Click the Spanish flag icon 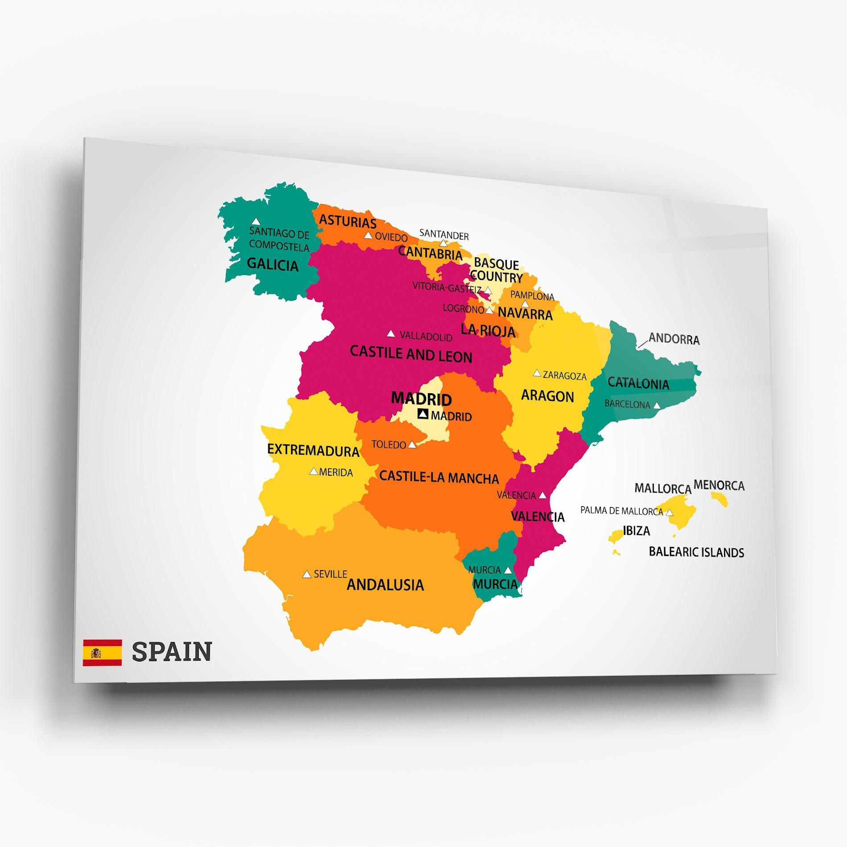click(102, 653)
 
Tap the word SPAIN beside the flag click(172, 652)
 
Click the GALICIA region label click(272, 264)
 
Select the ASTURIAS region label click(348, 221)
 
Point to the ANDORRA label click(674, 339)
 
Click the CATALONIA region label click(638, 383)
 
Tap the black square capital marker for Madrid click(423, 414)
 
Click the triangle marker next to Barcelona click(657, 406)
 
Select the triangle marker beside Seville click(307, 574)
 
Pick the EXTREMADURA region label click(313, 450)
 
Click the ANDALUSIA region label click(385, 585)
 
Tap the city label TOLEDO click(389, 444)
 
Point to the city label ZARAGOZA click(564, 376)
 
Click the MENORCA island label click(719, 485)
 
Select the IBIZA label click(636, 531)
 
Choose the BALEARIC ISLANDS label click(696, 552)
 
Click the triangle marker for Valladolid click(391, 333)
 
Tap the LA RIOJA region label click(488, 330)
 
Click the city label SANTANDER click(444, 234)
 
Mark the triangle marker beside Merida click(314, 471)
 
